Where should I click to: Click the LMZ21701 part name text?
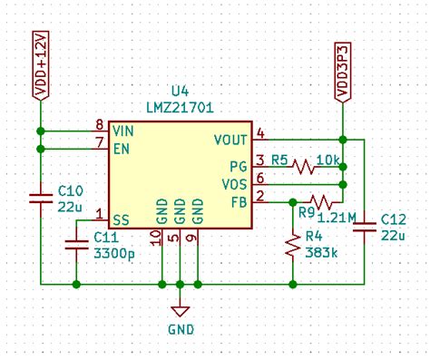pyautogui.click(x=181, y=109)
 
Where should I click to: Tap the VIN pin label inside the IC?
pyautogui.click(x=124, y=131)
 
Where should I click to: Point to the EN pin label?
pyautogui.click(x=121, y=147)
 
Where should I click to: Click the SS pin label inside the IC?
pyautogui.click(x=121, y=219)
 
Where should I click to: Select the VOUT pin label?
pyautogui.click(x=230, y=140)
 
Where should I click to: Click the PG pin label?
pyautogui.click(x=238, y=167)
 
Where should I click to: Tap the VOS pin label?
pyautogui.click(x=234, y=184)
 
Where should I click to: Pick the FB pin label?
pyautogui.click(x=238, y=201)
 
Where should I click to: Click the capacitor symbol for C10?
pyautogui.click(x=40, y=198)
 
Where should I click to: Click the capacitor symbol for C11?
pyautogui.click(x=75, y=243)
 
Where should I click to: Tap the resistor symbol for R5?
pyautogui.click(x=301, y=167)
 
